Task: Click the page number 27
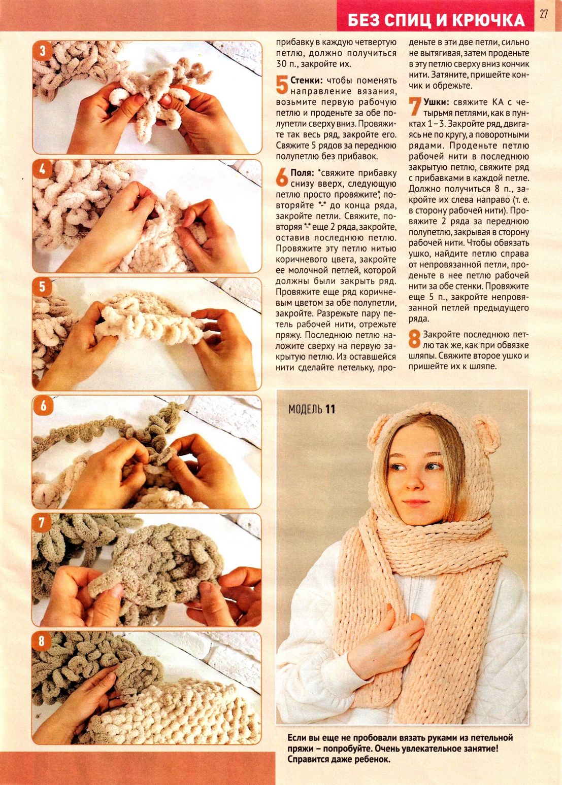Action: pos(543,14)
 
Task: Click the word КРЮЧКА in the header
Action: pos(488,21)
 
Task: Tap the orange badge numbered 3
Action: pos(43,51)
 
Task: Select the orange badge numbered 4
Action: pos(43,169)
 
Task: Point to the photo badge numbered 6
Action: pos(43,406)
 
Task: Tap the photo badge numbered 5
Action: pos(43,288)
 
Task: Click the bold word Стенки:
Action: pos(307,80)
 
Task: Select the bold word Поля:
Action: pos(303,173)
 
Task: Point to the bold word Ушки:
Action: pos(436,102)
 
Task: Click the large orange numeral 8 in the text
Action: pos(415,339)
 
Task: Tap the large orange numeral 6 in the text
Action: pos(282,177)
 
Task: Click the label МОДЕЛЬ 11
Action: pos(312,409)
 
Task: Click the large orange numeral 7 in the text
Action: pos(415,106)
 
